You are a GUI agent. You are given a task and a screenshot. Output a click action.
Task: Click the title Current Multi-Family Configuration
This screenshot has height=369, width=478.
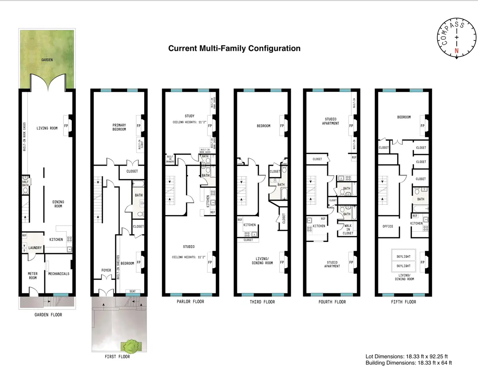pyautogui.click(x=234, y=49)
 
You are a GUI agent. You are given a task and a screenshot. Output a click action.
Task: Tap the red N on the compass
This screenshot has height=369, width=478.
pyautogui.click(x=456, y=51)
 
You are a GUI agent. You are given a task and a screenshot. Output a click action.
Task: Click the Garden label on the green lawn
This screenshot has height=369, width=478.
pyautogui.click(x=47, y=60)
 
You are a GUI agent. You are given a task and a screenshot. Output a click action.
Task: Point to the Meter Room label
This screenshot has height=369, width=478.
pyautogui.click(x=33, y=275)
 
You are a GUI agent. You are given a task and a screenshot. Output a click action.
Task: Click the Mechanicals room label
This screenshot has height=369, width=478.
pyautogui.click(x=59, y=274)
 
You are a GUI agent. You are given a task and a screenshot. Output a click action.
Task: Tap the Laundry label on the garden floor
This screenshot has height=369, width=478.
pyautogui.click(x=35, y=248)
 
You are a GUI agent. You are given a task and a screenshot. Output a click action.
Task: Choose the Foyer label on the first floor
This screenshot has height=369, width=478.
pyautogui.click(x=106, y=270)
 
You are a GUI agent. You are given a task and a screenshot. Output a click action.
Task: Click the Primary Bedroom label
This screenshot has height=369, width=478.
pyautogui.click(x=119, y=127)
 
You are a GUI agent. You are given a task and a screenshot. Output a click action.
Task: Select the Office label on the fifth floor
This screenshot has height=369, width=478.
pyautogui.click(x=388, y=226)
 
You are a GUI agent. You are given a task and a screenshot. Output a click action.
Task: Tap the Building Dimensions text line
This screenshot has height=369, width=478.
pyautogui.click(x=409, y=363)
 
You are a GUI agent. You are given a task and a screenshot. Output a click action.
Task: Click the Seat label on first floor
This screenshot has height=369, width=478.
pyautogui.click(x=133, y=291)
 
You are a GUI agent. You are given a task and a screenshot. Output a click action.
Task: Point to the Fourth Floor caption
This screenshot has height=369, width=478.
pyautogui.click(x=332, y=302)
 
